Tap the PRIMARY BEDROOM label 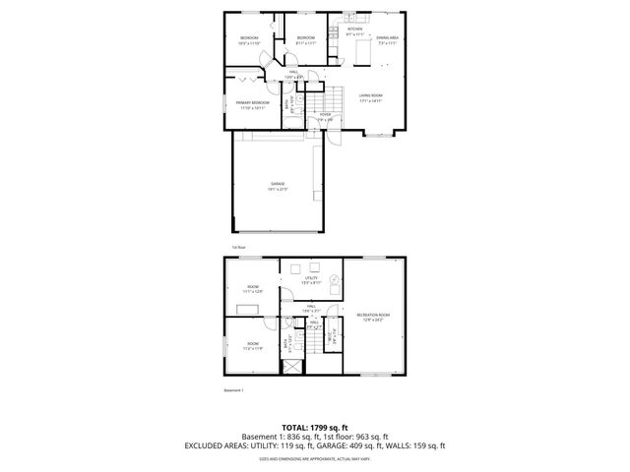(252, 103)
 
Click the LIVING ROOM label (370, 97)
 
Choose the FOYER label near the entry (325, 115)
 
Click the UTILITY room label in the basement (310, 280)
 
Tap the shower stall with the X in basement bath (292, 369)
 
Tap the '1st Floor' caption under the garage (237, 246)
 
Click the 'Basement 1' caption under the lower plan (234, 390)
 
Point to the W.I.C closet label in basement (334, 332)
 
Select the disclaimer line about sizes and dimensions (314, 457)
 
